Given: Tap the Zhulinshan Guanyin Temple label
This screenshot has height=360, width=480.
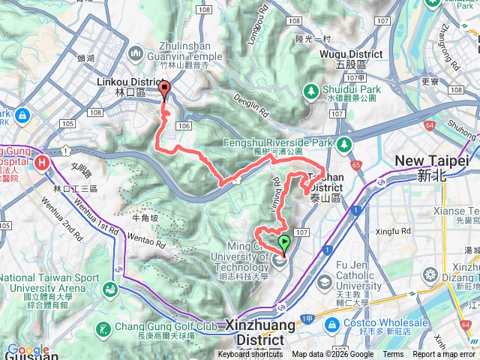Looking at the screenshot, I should click(x=185, y=57).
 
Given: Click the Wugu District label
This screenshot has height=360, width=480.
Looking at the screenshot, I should click(x=351, y=55).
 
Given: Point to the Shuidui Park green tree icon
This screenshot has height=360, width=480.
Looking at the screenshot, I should click(x=311, y=90).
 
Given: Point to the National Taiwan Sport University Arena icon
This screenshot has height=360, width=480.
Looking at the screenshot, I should click(x=110, y=288).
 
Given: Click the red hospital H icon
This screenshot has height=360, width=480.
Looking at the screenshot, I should click(x=41, y=161).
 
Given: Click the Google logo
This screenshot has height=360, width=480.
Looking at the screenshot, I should click(x=28, y=350).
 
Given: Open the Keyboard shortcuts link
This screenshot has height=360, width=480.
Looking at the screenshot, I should click(x=250, y=355).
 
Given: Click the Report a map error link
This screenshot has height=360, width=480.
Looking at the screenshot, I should click(x=444, y=355).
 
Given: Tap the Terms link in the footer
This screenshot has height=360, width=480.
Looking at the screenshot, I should click(x=393, y=355).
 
